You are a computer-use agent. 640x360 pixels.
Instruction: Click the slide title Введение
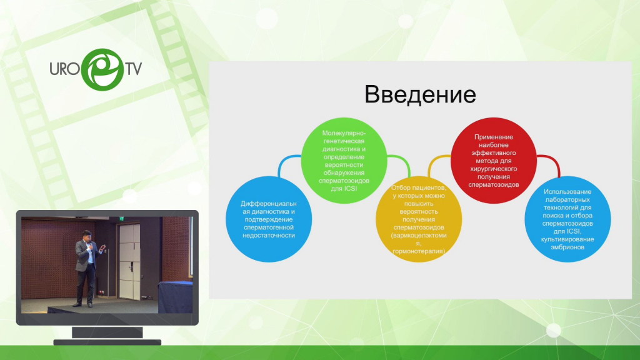click(x=420, y=94)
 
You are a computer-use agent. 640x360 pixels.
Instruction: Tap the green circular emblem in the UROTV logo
click(x=102, y=69)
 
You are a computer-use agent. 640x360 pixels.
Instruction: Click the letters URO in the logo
click(x=64, y=69)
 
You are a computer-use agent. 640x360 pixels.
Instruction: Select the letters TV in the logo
click(x=134, y=69)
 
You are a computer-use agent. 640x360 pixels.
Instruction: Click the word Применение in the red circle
click(x=494, y=137)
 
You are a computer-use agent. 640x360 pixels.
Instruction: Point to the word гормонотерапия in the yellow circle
click(x=418, y=251)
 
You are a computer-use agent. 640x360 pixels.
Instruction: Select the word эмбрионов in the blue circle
click(x=567, y=247)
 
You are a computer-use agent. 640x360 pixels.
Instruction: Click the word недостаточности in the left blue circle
click(x=269, y=236)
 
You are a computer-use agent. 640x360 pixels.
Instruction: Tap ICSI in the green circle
click(x=350, y=189)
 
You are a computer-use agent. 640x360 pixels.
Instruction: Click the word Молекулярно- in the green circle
click(x=344, y=133)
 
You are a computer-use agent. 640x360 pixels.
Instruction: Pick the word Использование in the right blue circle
click(x=567, y=191)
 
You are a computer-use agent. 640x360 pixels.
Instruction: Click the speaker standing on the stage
click(x=87, y=267)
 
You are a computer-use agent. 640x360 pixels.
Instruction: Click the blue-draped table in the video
click(x=175, y=297)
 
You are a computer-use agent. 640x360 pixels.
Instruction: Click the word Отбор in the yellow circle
click(x=401, y=187)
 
